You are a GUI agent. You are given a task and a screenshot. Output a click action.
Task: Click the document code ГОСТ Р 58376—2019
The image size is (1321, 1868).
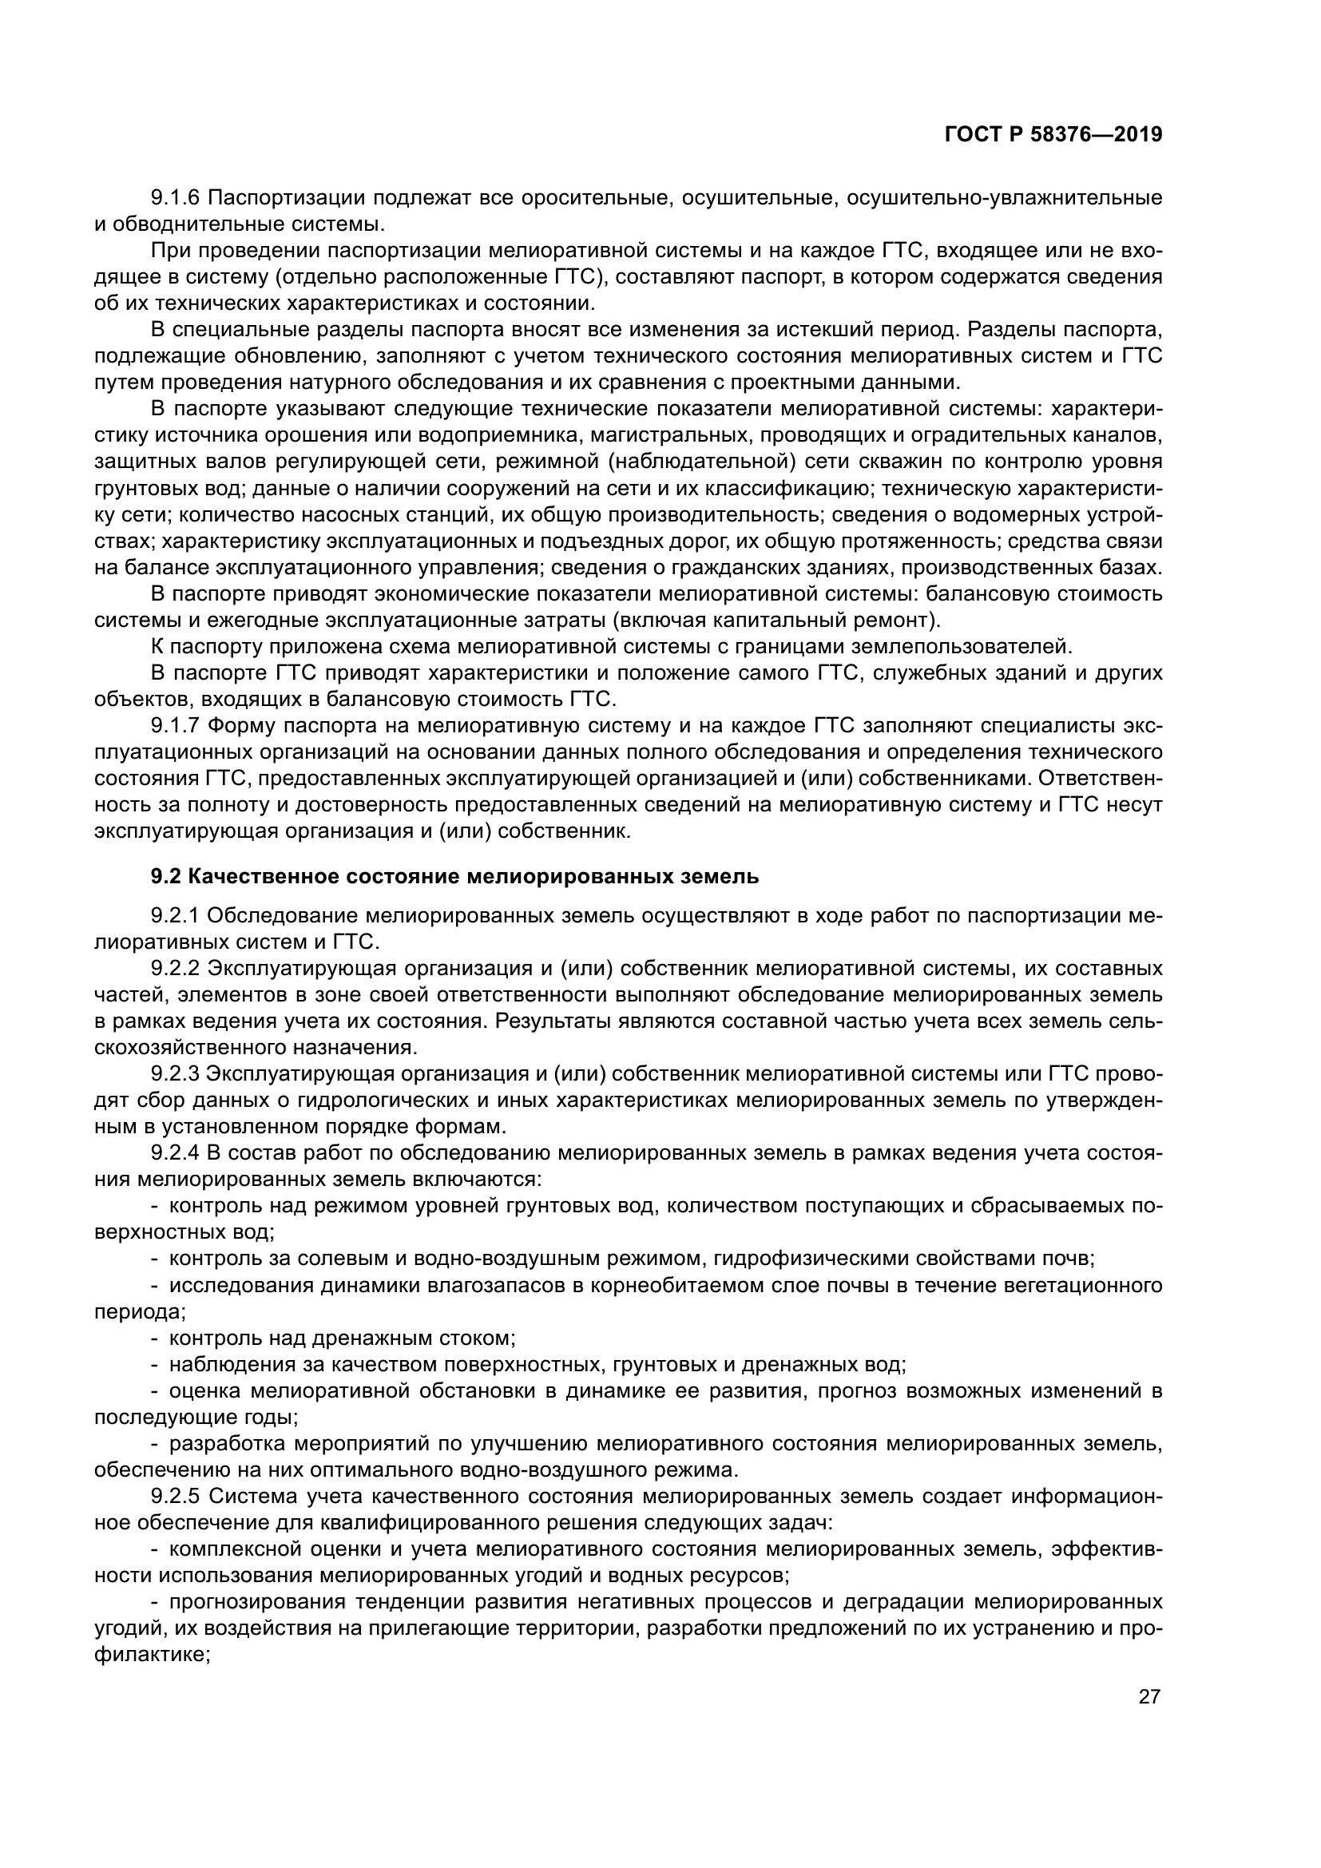(1053, 134)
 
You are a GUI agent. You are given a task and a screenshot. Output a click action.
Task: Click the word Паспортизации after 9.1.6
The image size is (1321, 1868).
(283, 198)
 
